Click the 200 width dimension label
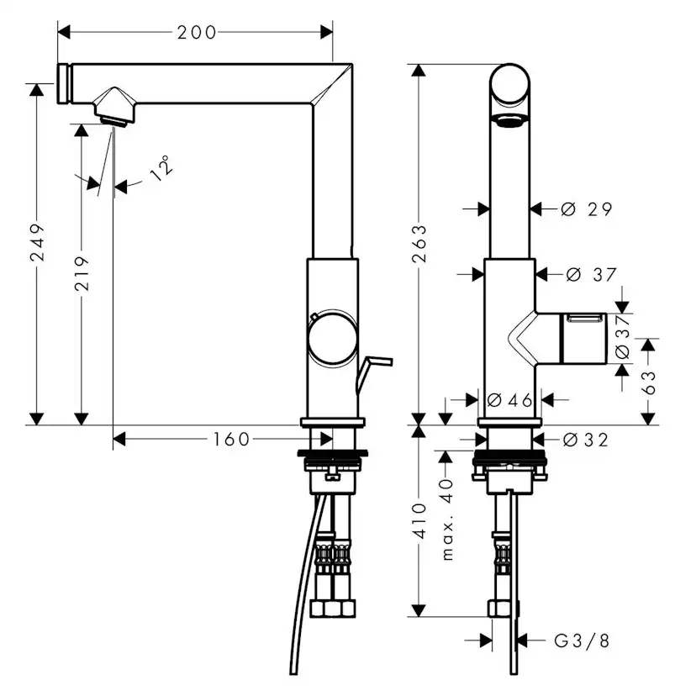[x=197, y=32]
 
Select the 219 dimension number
[x=82, y=274]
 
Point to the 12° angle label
[x=162, y=167]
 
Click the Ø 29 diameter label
[x=587, y=209]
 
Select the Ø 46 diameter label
[x=509, y=400]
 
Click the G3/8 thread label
[x=581, y=641]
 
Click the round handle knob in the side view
[x=333, y=339]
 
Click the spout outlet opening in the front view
[x=509, y=120]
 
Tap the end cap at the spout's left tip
[x=62, y=84]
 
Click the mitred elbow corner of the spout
[x=332, y=84]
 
